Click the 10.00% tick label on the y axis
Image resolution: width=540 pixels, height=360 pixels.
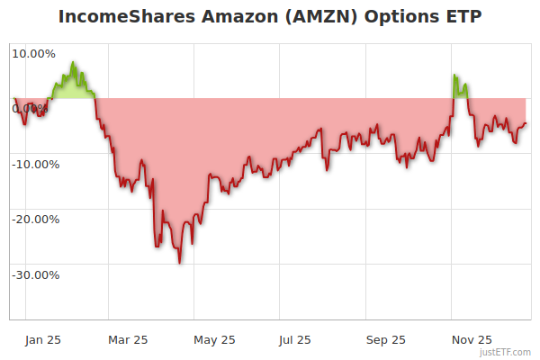33,53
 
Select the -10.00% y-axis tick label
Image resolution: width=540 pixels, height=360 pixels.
33,164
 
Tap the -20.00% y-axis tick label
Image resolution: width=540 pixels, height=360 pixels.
33,219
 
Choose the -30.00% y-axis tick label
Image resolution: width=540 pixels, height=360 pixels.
33,274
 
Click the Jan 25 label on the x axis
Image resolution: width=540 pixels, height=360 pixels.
42,339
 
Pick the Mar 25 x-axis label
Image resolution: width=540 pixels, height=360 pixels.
128,339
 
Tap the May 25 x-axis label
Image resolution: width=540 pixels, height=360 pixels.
214,339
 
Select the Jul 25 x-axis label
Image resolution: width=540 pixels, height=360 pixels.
295,339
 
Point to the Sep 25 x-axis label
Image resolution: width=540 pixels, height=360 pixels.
386,339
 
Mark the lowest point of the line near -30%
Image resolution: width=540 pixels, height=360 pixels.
180,263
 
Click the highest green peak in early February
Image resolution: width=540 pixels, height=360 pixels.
73,62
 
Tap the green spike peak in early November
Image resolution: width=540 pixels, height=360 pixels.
454,75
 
